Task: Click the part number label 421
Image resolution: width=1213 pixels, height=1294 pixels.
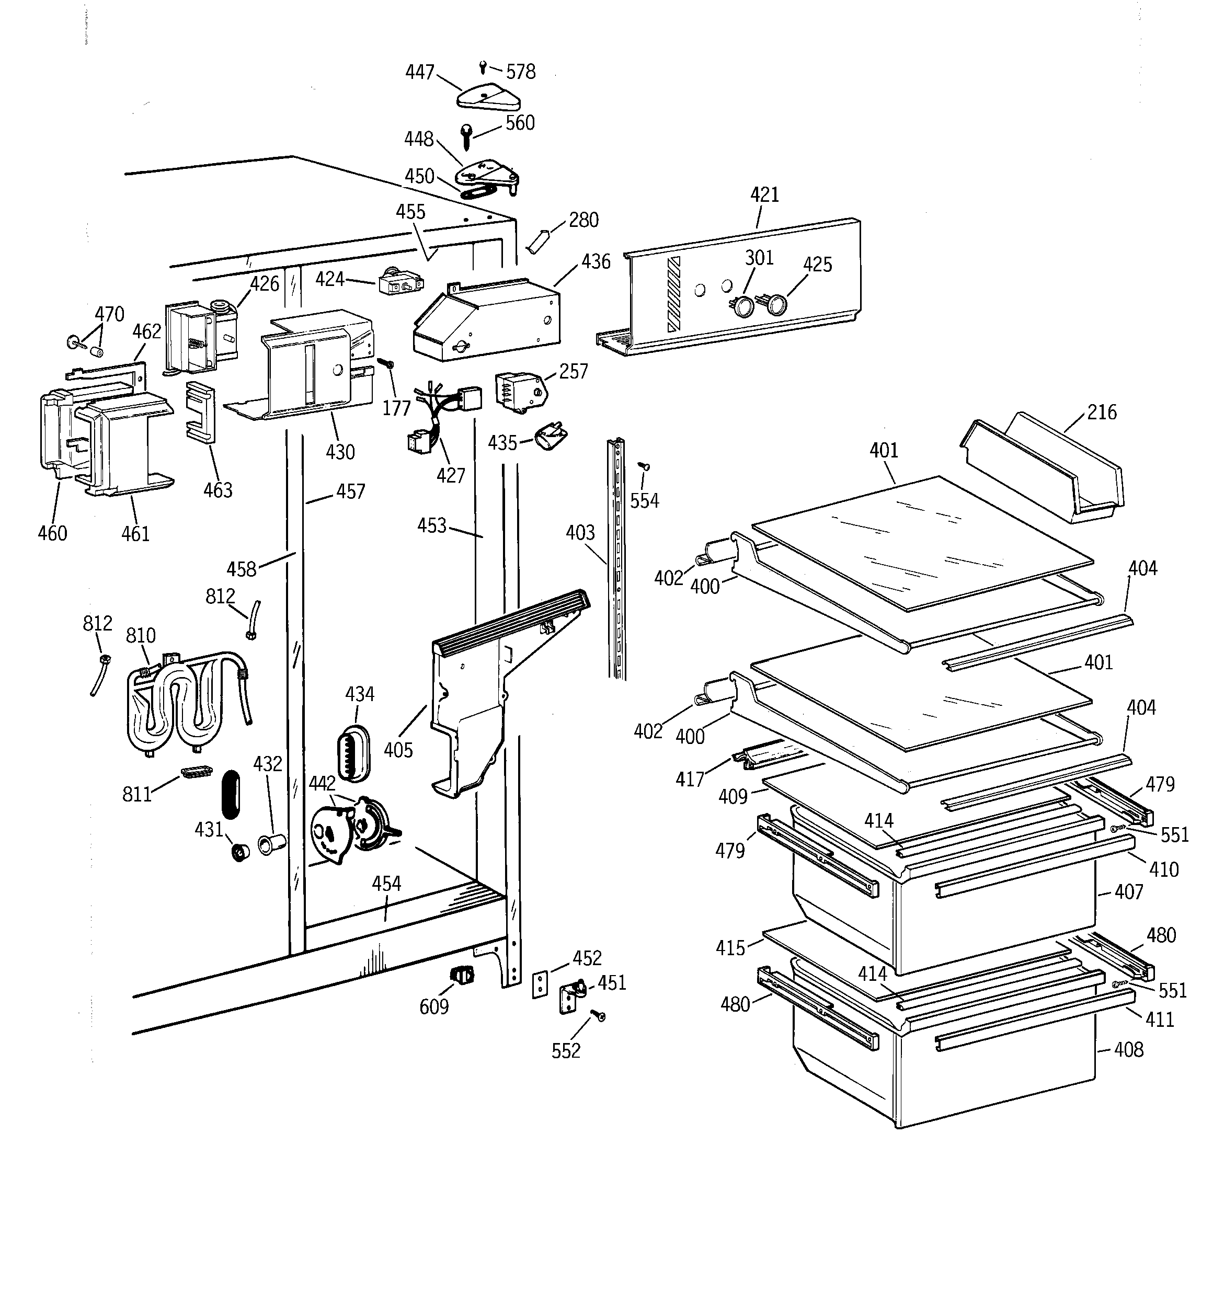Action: (764, 194)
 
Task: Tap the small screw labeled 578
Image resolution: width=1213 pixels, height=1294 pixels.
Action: (483, 66)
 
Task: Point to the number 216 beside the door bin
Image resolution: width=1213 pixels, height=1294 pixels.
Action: (1102, 412)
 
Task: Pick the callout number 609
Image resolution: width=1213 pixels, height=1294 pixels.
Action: (433, 1007)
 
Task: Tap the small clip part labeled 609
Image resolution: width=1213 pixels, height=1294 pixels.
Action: (462, 975)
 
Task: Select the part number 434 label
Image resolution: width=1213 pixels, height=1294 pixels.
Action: (359, 694)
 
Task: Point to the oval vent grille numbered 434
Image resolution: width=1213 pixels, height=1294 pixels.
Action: (353, 754)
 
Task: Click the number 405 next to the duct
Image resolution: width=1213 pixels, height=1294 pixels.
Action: (398, 750)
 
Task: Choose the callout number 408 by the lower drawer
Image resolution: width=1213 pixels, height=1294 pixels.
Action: (1128, 1050)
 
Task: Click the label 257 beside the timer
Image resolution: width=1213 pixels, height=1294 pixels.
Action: (573, 372)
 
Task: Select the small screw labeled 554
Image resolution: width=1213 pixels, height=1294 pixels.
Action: (645, 466)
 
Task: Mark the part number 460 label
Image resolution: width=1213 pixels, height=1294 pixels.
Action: (52, 533)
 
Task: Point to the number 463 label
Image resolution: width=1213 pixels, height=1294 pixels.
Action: (218, 490)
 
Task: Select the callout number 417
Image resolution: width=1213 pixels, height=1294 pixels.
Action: (690, 778)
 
